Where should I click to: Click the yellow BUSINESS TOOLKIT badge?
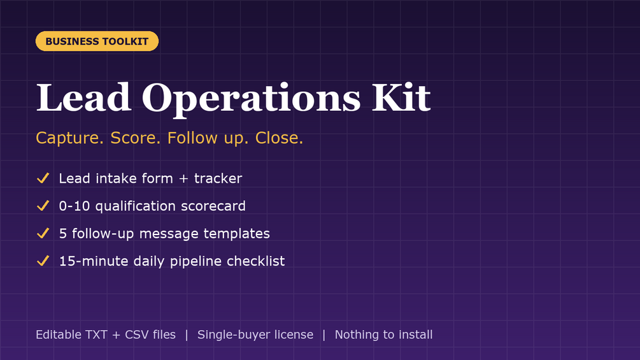(97, 41)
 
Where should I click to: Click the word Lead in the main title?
(83, 97)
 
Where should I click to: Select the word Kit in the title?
(401, 97)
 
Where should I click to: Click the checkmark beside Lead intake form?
(43, 178)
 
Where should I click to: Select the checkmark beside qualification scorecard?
(43, 206)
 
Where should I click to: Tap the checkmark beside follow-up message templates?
(43, 233)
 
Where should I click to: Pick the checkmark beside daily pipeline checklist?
(43, 261)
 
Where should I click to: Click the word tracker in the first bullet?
(218, 178)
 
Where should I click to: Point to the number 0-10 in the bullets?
(75, 206)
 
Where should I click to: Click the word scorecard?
(213, 206)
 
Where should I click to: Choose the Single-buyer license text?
(255, 335)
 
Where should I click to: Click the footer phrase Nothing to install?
(383, 335)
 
